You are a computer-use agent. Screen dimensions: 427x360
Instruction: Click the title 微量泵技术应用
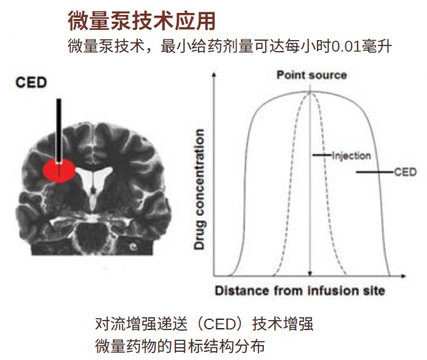(141, 21)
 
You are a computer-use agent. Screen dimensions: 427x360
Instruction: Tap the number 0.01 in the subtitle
(345, 47)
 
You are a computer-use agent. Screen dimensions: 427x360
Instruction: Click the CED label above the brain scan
(31, 82)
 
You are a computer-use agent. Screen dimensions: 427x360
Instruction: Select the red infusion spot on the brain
(59, 170)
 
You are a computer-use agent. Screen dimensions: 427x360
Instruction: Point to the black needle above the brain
(59, 131)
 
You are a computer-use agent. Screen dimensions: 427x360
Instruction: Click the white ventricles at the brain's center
(94, 185)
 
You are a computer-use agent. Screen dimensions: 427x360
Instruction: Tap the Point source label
(312, 75)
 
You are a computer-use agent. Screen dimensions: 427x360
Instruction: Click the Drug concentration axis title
(199, 190)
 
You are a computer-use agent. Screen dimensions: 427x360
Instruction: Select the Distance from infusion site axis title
(300, 291)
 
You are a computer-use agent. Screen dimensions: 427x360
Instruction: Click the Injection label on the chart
(352, 156)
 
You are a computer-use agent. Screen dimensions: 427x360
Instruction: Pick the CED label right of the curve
(405, 172)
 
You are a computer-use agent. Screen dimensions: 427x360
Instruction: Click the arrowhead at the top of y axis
(214, 75)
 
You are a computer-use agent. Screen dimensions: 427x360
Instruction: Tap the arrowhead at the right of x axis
(403, 276)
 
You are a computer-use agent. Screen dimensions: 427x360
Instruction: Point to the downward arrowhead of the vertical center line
(310, 274)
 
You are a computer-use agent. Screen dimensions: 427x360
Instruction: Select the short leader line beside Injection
(322, 156)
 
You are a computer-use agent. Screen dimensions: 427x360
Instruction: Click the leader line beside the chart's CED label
(375, 172)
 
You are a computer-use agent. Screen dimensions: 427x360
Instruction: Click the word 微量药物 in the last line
(126, 346)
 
